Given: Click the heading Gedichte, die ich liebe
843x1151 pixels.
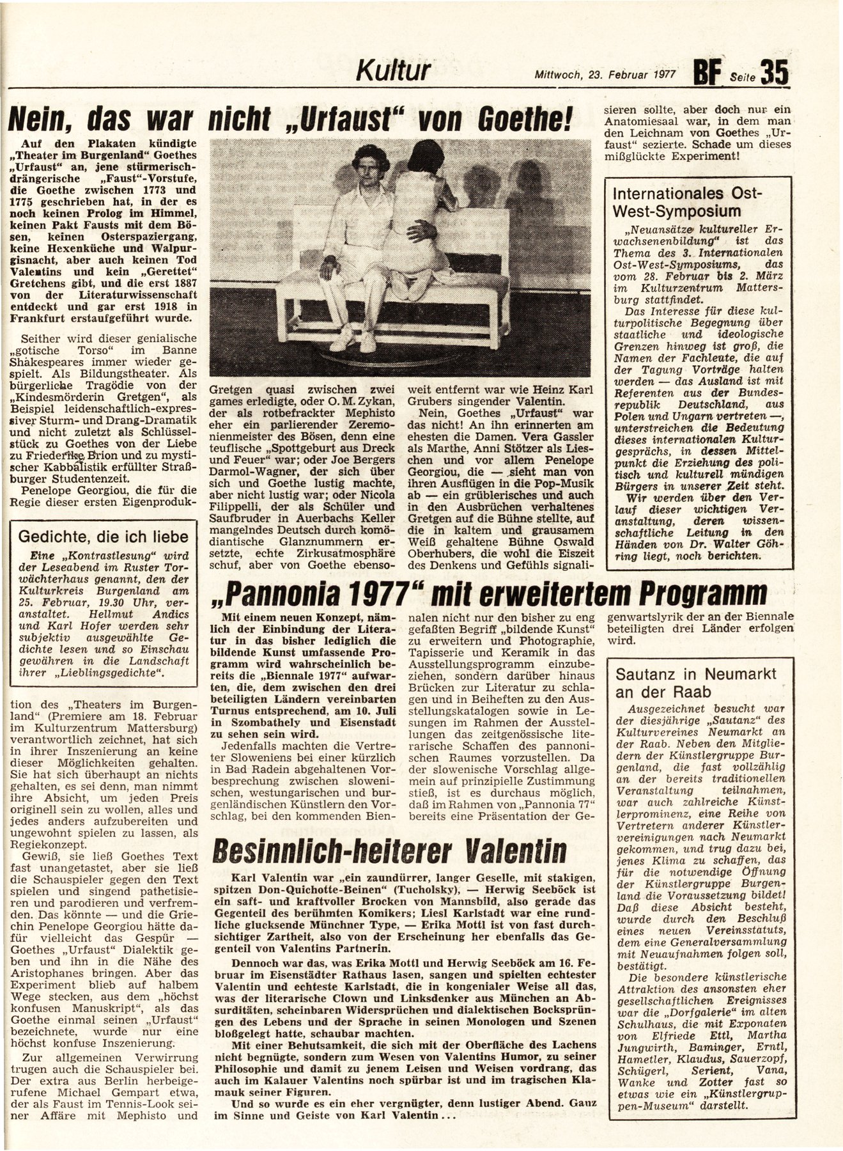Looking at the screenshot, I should [104, 536].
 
